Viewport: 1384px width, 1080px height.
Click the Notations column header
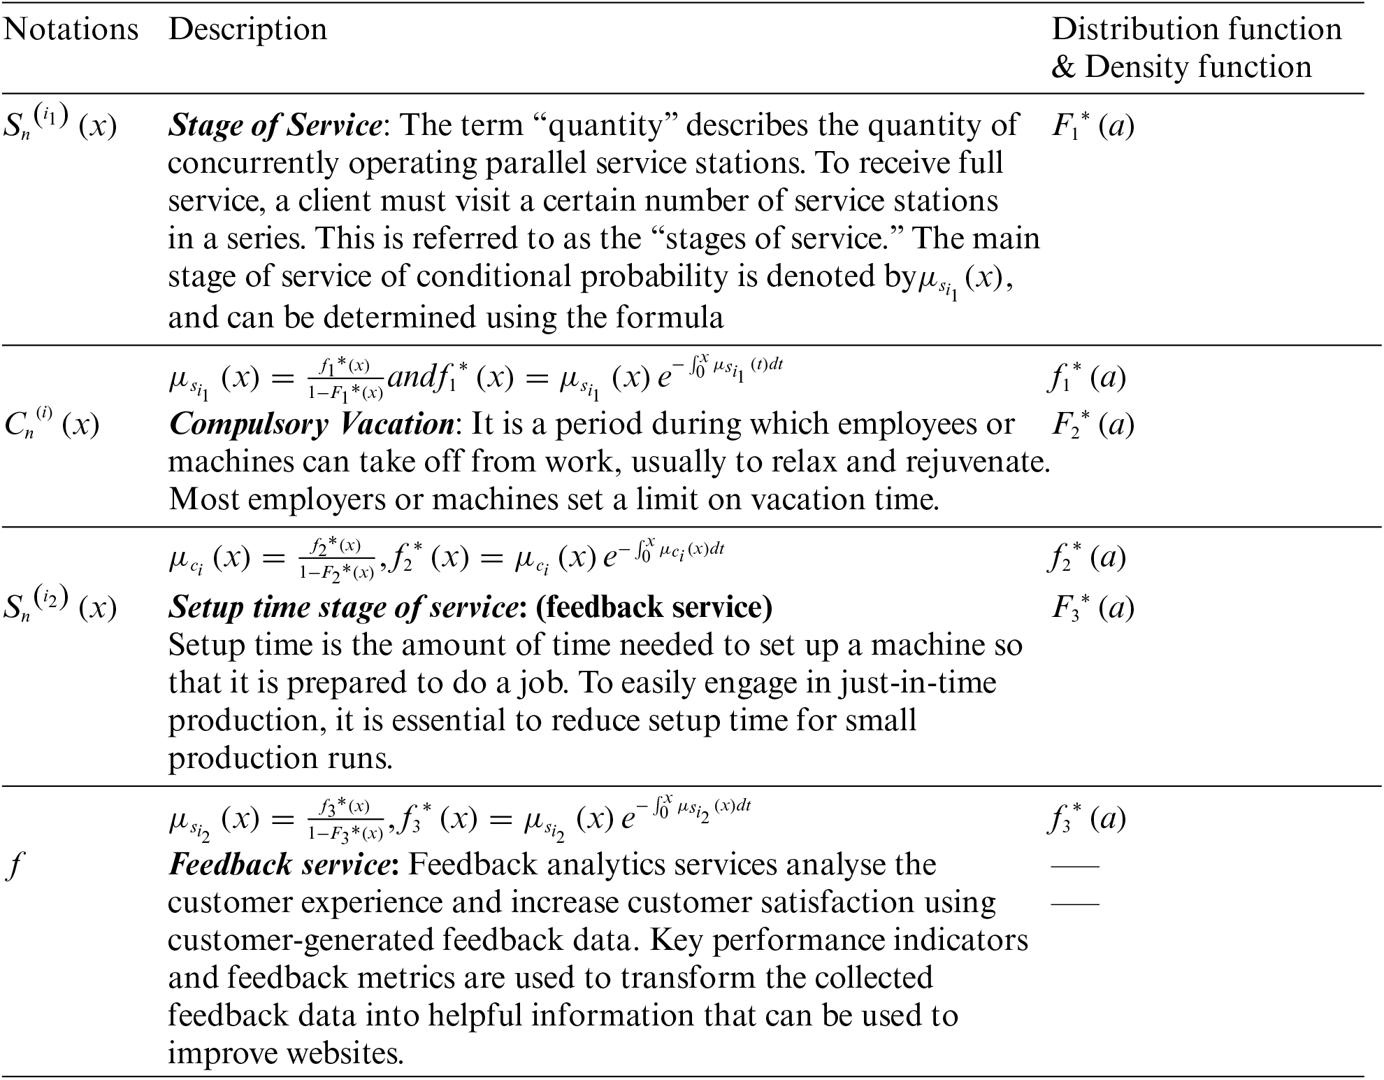pyautogui.click(x=71, y=30)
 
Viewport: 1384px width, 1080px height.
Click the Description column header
pyautogui.click(x=247, y=30)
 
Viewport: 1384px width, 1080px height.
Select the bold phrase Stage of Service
pyautogui.click(x=275, y=126)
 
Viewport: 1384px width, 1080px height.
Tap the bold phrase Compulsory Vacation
pyautogui.click(x=312, y=425)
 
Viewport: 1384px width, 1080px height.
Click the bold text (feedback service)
pyautogui.click(x=654, y=607)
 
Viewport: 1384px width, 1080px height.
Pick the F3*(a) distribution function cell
pyautogui.click(x=1093, y=608)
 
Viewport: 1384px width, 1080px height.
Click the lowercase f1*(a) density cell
pyautogui.click(x=1087, y=378)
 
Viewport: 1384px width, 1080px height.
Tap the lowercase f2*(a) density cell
pyautogui.click(x=1087, y=557)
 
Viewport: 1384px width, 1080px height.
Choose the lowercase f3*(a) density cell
pyautogui.click(x=1087, y=819)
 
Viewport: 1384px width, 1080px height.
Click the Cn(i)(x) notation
pyautogui.click(x=52, y=425)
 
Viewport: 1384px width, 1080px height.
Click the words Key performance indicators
pyautogui.click(x=839, y=941)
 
